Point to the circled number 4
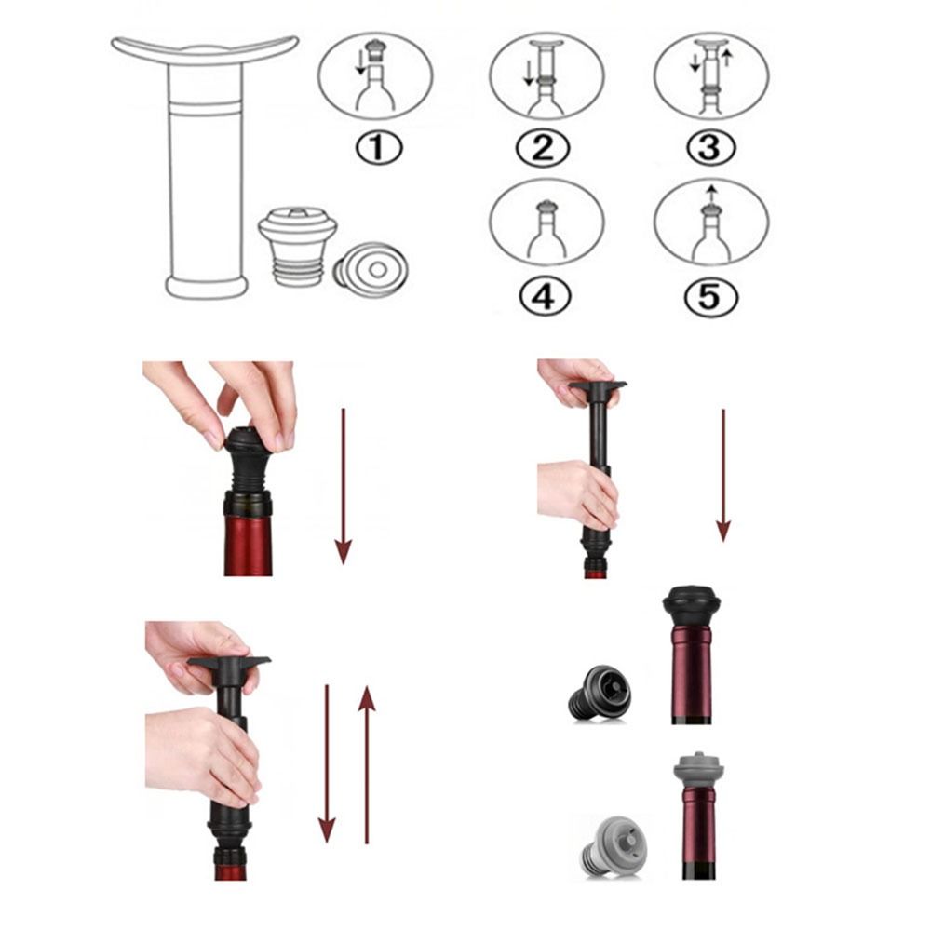[x=544, y=297]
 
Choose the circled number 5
[x=710, y=297]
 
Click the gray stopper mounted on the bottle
[x=699, y=771]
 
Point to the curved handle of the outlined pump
[x=205, y=50]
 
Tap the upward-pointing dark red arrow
[x=367, y=763]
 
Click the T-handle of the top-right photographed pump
[x=597, y=385]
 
